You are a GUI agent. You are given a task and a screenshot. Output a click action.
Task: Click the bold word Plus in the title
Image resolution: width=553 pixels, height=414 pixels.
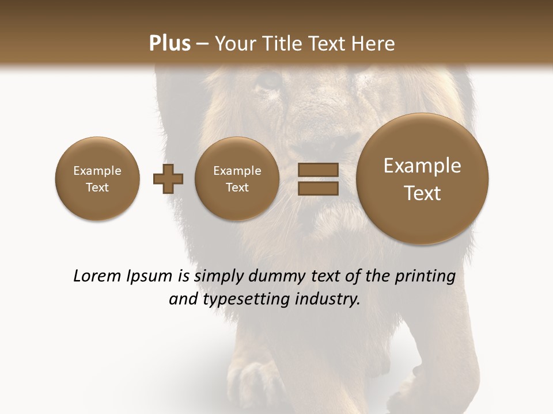170,44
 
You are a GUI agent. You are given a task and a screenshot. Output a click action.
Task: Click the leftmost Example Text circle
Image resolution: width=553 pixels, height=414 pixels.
97,179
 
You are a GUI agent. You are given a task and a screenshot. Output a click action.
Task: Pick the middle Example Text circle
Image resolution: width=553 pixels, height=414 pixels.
237,179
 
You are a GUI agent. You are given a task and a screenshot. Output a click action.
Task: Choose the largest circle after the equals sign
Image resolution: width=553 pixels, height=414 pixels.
422,179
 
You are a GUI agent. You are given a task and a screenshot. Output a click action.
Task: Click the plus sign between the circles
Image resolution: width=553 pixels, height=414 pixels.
168,179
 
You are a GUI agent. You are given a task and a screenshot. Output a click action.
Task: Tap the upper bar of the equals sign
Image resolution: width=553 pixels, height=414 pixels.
317,170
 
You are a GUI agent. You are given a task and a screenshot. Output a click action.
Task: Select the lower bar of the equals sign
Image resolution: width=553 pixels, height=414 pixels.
317,188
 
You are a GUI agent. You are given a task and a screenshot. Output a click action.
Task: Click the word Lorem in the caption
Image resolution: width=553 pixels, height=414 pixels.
97,276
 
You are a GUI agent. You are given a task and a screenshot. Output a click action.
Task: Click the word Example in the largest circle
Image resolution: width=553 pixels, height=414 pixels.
422,166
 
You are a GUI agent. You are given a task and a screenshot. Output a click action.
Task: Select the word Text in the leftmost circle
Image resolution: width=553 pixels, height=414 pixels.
97,187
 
